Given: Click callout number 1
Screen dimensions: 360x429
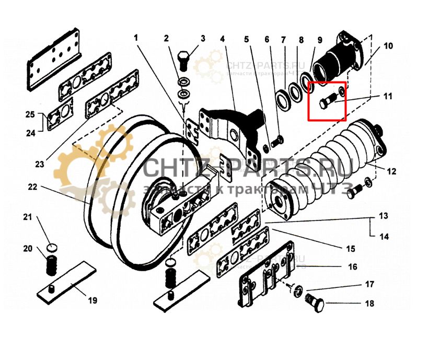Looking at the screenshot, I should pos(136,38).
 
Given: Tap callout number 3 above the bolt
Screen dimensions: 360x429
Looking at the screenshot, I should pos(203,39).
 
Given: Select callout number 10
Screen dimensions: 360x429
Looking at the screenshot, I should pos(388,46).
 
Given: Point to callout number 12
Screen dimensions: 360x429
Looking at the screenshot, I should pos(391,171).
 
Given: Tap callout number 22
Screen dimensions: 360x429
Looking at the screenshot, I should pos(32,187).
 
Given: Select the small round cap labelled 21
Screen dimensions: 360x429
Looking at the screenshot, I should pos(51,246).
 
